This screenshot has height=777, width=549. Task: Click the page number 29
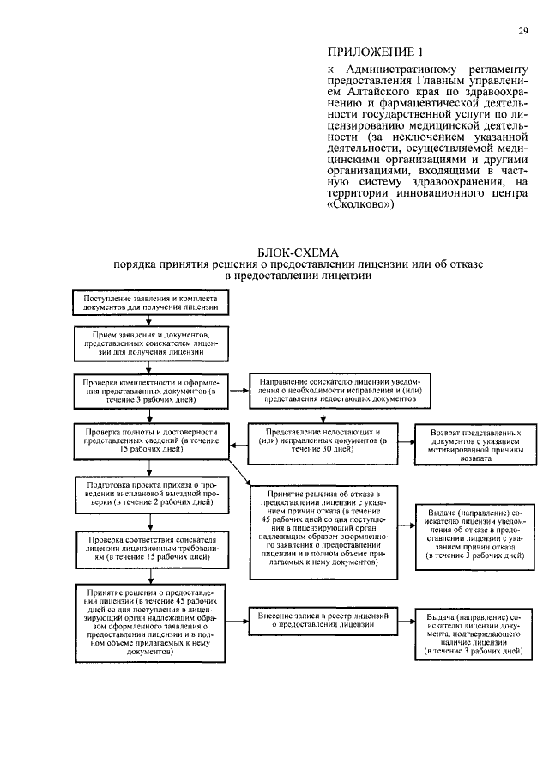522,33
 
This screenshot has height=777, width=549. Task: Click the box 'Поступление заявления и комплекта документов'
151,302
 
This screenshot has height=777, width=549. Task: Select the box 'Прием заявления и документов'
151,340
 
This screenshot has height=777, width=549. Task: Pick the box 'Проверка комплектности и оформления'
151,386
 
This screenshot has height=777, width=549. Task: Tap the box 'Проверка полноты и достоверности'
150,438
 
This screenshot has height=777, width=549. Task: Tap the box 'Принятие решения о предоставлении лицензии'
150,622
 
